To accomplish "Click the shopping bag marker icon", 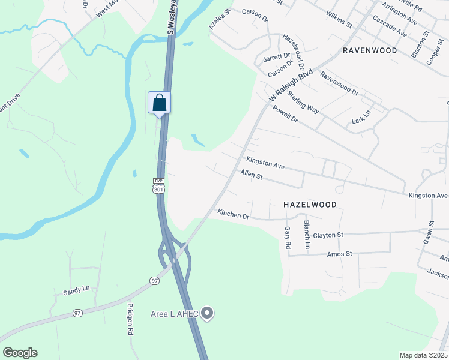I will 159,102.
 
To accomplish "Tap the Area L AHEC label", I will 174,314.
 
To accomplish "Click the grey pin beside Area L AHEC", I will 207,313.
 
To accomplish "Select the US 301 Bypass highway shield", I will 158,186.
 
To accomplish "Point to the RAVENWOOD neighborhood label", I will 370,51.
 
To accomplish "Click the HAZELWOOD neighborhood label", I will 310,205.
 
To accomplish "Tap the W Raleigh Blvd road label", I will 292,83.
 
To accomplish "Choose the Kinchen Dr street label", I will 233,214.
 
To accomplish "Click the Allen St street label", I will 252,176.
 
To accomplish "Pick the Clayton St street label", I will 328,235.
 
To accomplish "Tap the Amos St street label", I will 339,254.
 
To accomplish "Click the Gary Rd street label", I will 288,238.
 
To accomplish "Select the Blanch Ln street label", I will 307,235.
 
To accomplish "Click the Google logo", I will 20,353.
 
